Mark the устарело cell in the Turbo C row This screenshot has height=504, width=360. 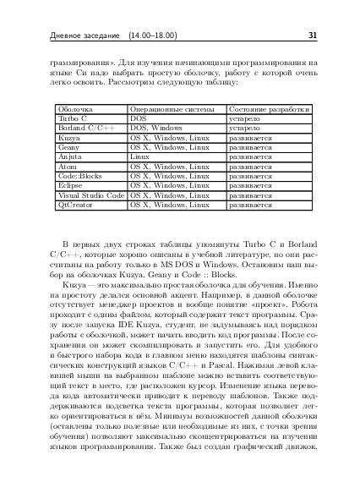[x=245, y=119]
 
